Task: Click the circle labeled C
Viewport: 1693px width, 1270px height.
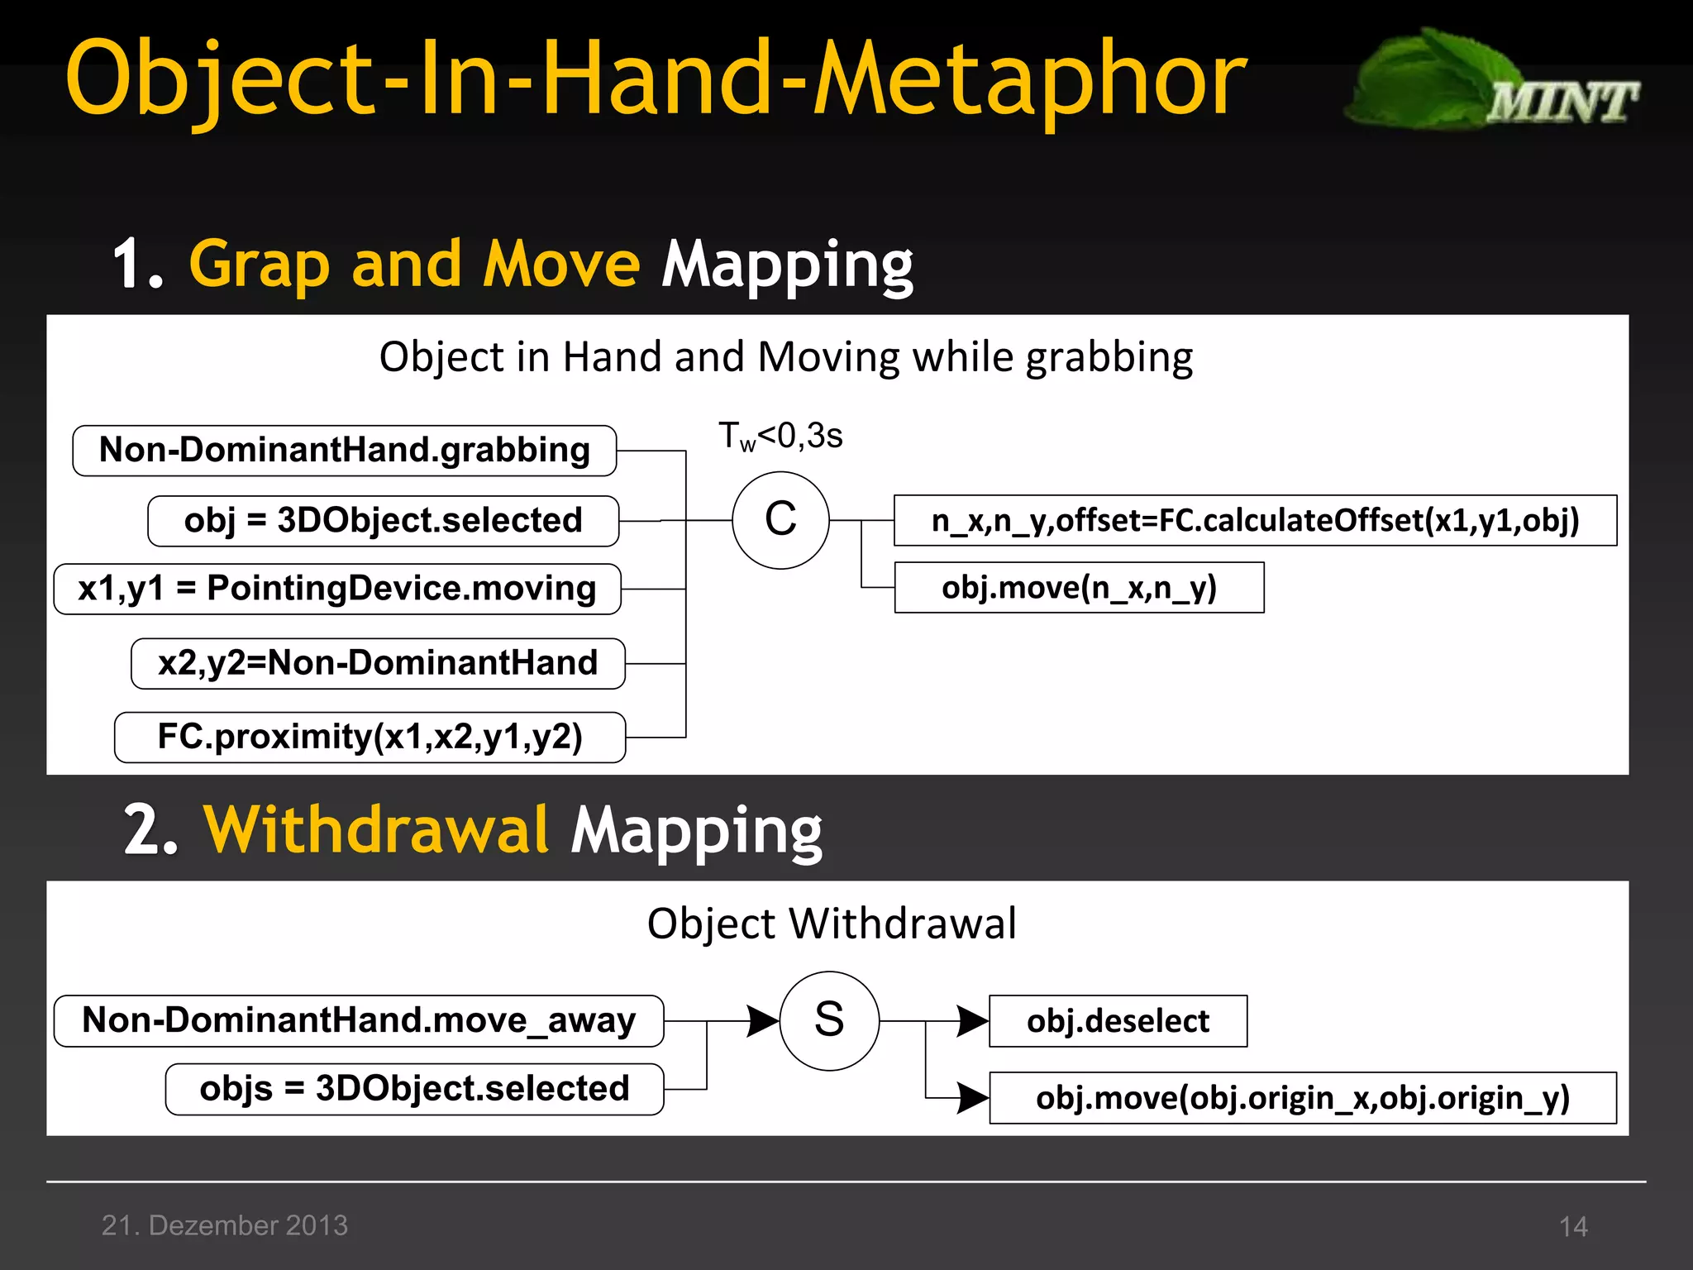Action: click(780, 520)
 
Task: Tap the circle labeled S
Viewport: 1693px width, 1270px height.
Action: click(829, 1020)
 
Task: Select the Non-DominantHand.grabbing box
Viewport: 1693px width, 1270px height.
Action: click(344, 451)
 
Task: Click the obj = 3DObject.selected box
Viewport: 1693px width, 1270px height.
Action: click(383, 521)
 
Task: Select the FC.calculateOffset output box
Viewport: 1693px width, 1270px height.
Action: click(1255, 521)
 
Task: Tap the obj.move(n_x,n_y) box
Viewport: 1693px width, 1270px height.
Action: click(1079, 588)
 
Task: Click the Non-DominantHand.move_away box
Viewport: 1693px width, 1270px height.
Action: click(358, 1021)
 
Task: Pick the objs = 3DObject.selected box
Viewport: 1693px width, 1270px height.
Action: click(414, 1089)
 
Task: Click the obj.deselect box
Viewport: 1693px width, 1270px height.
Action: click(1118, 1021)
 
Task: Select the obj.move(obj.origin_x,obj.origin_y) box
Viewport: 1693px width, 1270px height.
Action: click(1302, 1098)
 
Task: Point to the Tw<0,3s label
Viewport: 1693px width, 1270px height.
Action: click(780, 436)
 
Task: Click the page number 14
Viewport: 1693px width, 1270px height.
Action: click(1572, 1226)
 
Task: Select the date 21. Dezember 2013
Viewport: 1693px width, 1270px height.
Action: click(225, 1225)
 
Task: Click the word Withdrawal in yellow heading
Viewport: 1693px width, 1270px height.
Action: click(376, 829)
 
